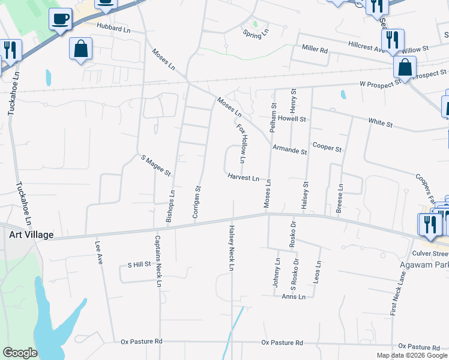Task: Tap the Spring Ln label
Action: [x=253, y=35]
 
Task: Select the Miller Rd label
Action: [x=315, y=49]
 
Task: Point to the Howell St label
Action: [x=292, y=119]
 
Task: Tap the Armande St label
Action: [x=289, y=149]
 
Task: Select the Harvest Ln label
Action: [x=243, y=178]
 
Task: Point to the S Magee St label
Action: [x=156, y=166]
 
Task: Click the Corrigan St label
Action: [x=197, y=201]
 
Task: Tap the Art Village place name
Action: [x=31, y=235]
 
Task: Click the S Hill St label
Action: [x=139, y=265]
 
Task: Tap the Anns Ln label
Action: [x=294, y=297]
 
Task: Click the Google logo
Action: [x=20, y=352]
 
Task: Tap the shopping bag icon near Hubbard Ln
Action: [x=80, y=49]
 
